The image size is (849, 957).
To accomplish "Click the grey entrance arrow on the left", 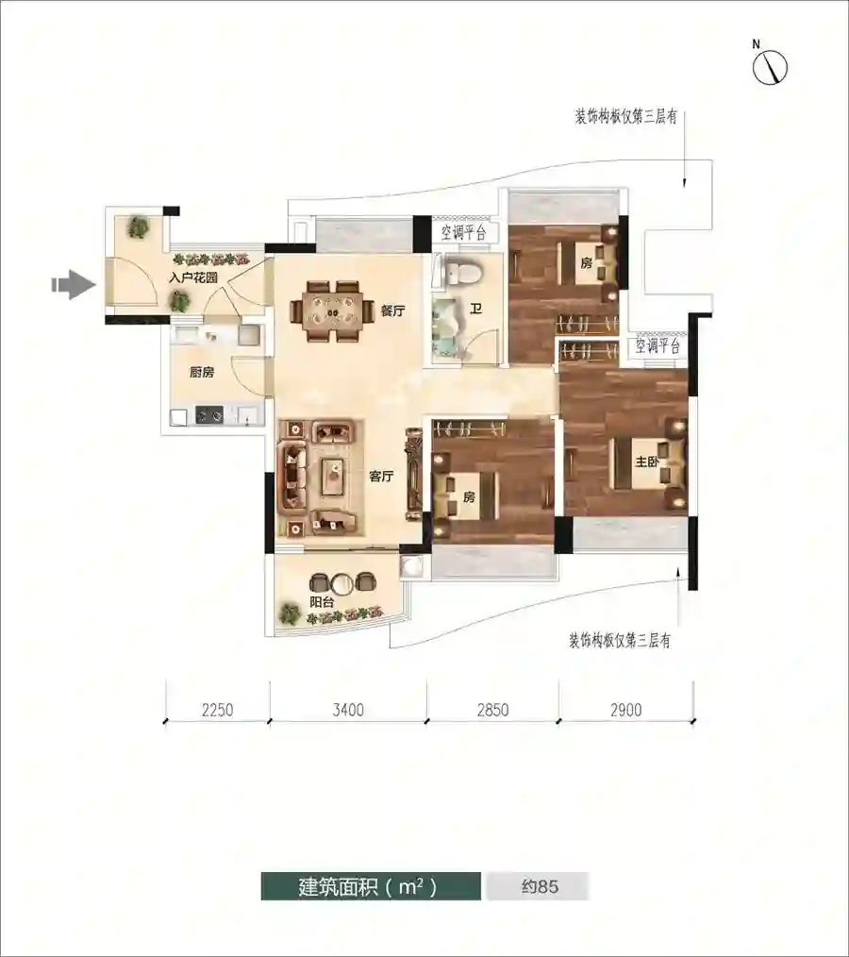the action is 75,284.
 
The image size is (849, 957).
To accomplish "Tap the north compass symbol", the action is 770,66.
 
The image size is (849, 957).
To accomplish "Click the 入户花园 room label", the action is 193,277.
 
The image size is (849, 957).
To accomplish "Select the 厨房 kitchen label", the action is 201,371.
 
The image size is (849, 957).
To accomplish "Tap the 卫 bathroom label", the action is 475,309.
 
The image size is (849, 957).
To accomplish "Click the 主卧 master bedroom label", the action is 647,462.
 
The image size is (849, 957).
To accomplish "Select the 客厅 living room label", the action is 381,476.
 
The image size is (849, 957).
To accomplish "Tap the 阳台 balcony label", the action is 322,601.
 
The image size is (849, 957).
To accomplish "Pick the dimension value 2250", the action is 217,710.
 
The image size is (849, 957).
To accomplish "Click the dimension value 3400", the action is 348,710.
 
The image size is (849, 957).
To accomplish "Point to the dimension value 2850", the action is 492,710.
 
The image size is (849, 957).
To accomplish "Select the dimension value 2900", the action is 625,710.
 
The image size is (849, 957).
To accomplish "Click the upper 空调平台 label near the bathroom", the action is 464,232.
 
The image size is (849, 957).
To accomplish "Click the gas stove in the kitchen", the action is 209,415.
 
